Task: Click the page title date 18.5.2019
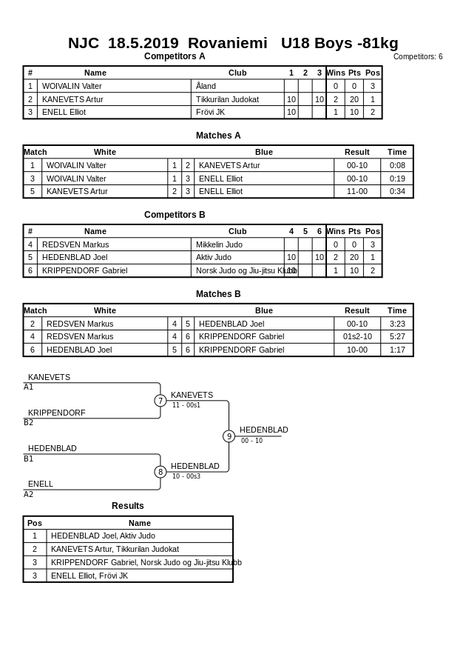(143, 43)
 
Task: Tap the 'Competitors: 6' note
(418, 56)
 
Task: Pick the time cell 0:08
(397, 165)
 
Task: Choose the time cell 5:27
(397, 336)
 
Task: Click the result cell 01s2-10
(357, 336)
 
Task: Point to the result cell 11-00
(357, 191)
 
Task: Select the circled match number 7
(161, 401)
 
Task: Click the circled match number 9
(229, 436)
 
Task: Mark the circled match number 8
(161, 472)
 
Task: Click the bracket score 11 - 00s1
(186, 405)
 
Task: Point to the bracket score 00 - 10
(251, 441)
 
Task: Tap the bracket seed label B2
(28, 423)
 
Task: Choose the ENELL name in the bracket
(41, 484)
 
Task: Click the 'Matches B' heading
(218, 294)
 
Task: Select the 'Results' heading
(128, 506)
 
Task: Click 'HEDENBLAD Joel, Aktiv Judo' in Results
(103, 536)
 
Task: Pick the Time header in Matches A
(397, 152)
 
